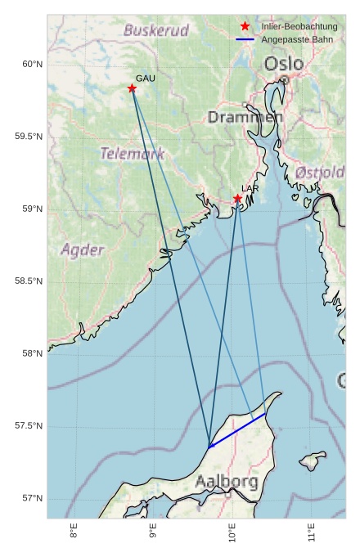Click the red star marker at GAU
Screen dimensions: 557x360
(x=132, y=88)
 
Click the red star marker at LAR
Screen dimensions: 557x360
(x=237, y=198)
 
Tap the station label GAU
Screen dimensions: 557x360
(x=145, y=79)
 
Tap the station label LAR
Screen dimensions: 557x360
(x=250, y=188)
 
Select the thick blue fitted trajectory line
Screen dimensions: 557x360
(x=237, y=430)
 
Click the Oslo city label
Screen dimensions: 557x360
(x=283, y=64)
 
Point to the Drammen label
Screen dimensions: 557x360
(x=245, y=118)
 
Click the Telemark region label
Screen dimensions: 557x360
(x=132, y=153)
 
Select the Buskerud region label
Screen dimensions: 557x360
(x=155, y=31)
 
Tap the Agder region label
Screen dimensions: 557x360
(x=82, y=249)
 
